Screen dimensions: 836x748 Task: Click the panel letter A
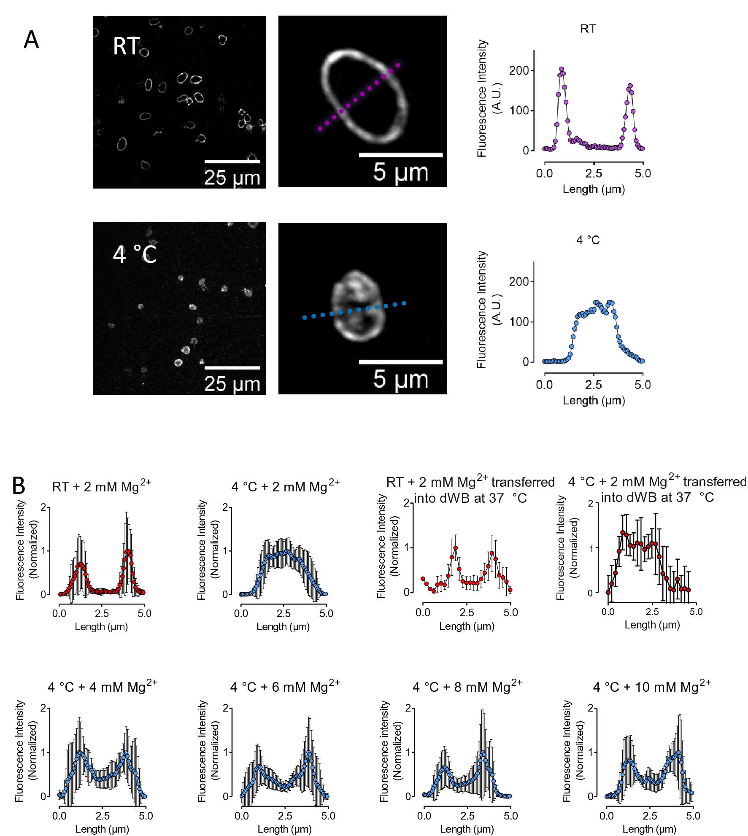[x=31, y=40]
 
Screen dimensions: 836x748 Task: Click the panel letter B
[x=19, y=485]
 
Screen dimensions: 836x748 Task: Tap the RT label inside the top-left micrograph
[x=126, y=46]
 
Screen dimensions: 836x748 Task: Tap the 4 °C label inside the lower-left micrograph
[x=135, y=254]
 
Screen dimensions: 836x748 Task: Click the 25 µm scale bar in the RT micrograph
[x=232, y=162]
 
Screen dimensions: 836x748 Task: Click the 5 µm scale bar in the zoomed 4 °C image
[x=400, y=362]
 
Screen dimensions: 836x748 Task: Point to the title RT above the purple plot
[x=588, y=29]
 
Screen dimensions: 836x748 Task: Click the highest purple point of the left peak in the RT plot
[x=562, y=69]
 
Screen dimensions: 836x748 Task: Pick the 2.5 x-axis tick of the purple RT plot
[x=594, y=173]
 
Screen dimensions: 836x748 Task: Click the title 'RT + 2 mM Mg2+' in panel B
[x=101, y=486]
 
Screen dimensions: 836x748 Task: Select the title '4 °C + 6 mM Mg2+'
[x=285, y=687]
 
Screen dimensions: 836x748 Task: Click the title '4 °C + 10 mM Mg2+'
[x=652, y=687]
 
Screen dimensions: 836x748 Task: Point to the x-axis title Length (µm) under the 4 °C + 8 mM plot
[x=467, y=829]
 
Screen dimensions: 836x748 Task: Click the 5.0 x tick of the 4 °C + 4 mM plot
[x=146, y=816]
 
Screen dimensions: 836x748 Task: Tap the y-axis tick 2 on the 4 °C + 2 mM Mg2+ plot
[x=226, y=507]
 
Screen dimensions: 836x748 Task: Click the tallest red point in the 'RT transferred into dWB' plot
[x=455, y=548]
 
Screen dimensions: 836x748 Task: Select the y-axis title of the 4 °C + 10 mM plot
[x=572, y=751]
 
